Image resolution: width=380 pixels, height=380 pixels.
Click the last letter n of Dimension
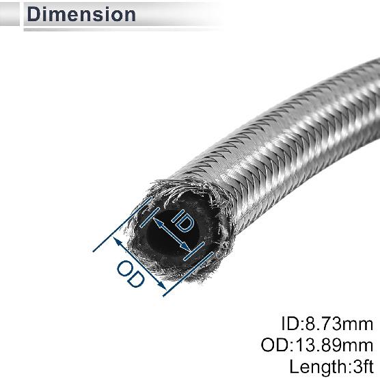click(129, 14)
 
